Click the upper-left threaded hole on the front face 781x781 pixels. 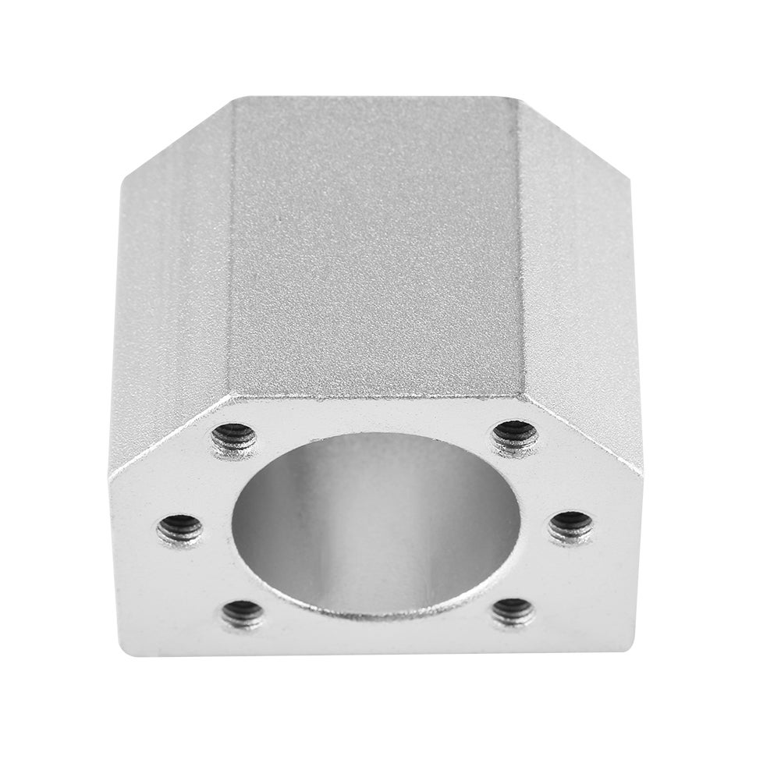[234, 438]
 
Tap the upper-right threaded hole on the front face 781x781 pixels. [516, 435]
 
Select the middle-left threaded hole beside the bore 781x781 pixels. [180, 531]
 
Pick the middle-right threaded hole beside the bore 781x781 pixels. [570, 528]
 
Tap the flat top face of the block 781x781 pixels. [375, 242]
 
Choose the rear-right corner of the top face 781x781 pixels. [517, 98]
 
